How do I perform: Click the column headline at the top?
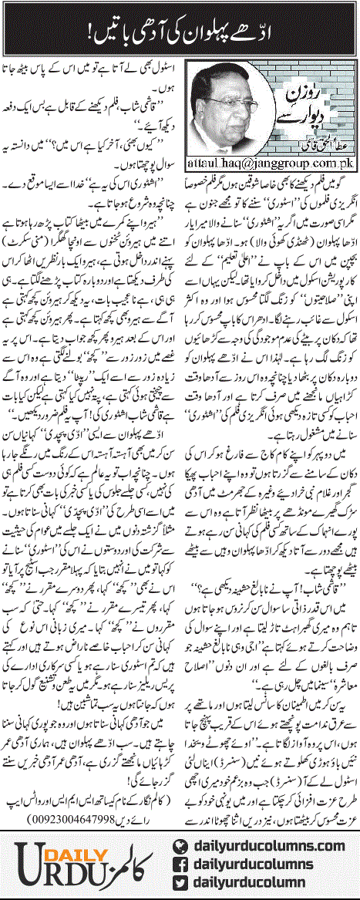(x=180, y=29)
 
